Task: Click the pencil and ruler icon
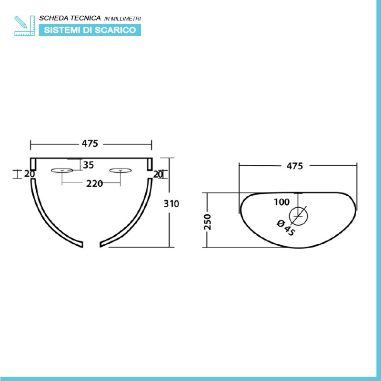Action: [x=25, y=26]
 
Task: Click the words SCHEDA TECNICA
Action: [x=70, y=18]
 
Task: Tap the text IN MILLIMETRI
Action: [x=123, y=19]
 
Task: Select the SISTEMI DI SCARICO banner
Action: [x=90, y=30]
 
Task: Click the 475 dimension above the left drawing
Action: [x=90, y=144]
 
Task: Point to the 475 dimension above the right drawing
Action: [x=295, y=166]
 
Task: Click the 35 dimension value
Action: [x=89, y=165]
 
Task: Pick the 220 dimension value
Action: [x=94, y=183]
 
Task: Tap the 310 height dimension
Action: [x=171, y=204]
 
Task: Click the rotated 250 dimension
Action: [x=208, y=222]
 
